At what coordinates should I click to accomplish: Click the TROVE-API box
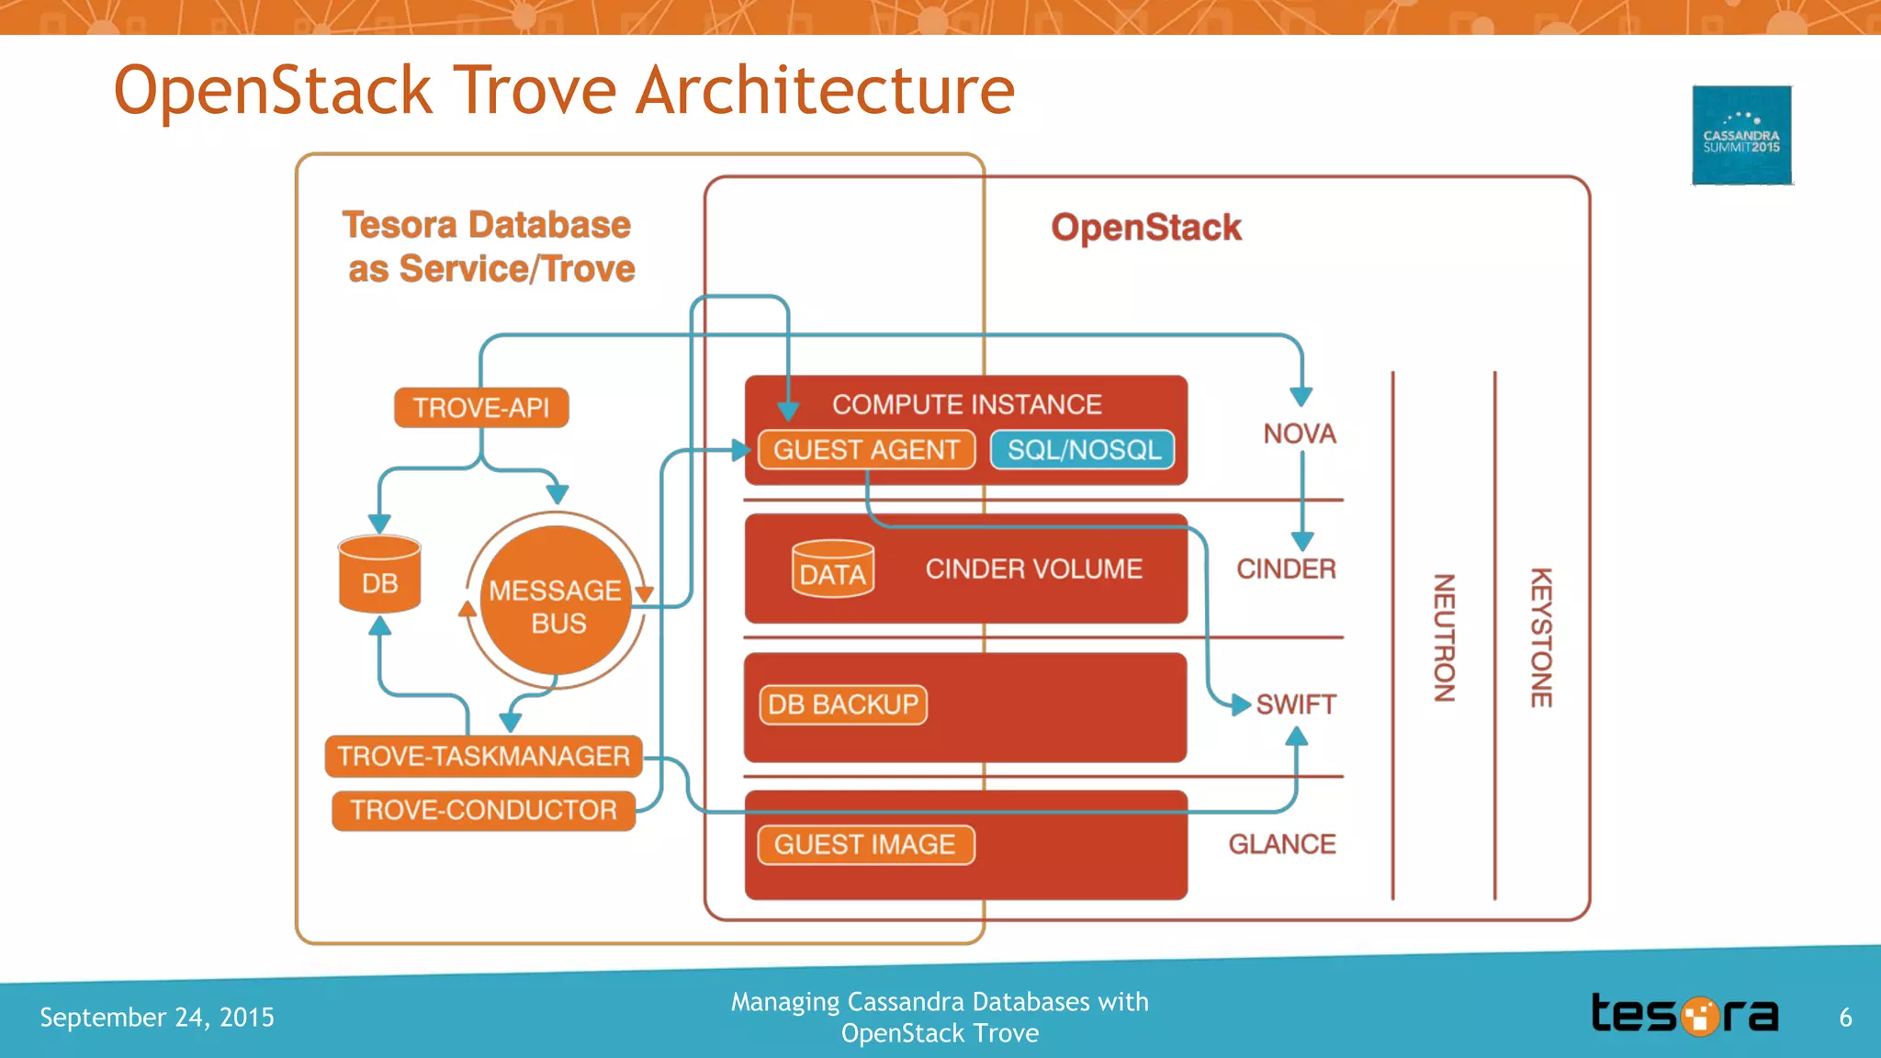tap(481, 407)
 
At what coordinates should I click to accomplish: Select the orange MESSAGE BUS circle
tap(556, 602)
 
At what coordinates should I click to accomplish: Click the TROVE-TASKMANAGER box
tap(483, 756)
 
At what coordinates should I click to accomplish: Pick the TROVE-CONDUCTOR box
tap(483, 810)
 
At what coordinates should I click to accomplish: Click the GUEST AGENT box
tap(866, 449)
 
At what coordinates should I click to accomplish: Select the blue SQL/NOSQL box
tap(1083, 449)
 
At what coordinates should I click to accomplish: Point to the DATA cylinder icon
tap(832, 569)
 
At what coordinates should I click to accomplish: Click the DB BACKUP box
tap(842, 704)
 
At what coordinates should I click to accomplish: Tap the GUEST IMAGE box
tap(864, 844)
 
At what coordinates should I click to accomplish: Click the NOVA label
tap(1299, 433)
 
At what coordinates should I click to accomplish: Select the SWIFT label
tap(1295, 704)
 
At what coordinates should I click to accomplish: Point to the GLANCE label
tap(1281, 844)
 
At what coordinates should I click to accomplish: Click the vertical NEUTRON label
tap(1445, 637)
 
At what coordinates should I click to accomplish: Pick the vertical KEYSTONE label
tap(1540, 637)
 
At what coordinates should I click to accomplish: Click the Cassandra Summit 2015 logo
tap(1741, 135)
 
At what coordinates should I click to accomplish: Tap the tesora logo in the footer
tap(1684, 1015)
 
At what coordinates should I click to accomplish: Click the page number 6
tap(1845, 1018)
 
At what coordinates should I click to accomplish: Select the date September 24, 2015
tap(157, 1018)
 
